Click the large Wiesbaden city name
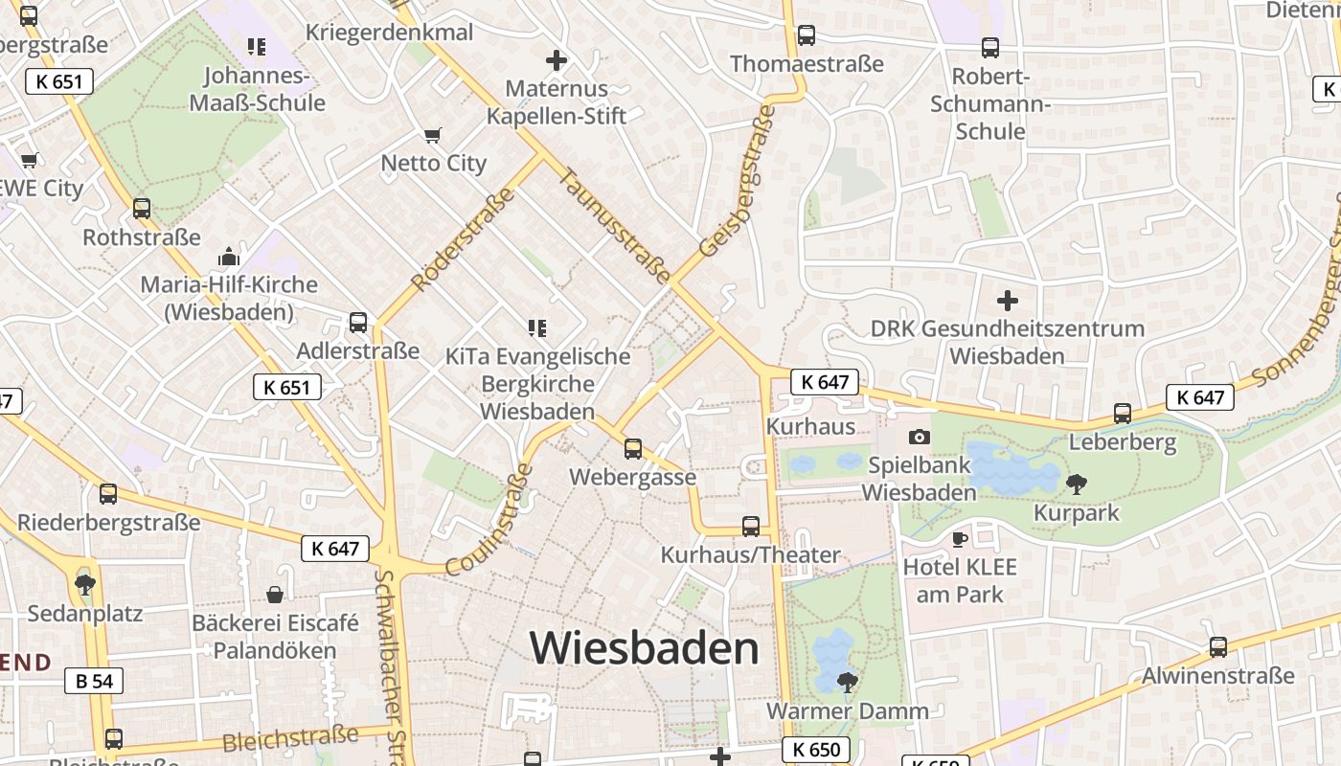tap(645, 648)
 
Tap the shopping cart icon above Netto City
tap(433, 135)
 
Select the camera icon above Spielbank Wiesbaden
tap(920, 437)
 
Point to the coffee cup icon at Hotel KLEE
tap(959, 539)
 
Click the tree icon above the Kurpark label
tap(1077, 484)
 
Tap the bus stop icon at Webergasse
tap(632, 448)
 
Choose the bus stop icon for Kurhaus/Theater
tap(751, 526)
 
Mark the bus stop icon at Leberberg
tap(1123, 414)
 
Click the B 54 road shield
tap(94, 681)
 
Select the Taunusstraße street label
tap(615, 226)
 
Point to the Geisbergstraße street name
tap(738, 181)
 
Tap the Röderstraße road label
tap(463, 240)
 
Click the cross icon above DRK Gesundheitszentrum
tap(1008, 301)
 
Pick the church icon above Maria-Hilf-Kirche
tap(228, 257)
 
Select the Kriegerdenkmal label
tap(389, 33)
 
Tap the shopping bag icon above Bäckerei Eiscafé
tap(275, 595)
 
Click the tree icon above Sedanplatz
tap(85, 584)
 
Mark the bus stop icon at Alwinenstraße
tap(1217, 647)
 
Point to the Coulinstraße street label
tap(489, 520)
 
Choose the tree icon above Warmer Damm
tap(847, 682)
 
